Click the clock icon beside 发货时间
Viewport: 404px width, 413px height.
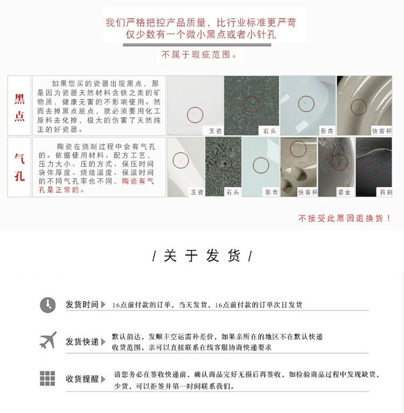pyautogui.click(x=47, y=305)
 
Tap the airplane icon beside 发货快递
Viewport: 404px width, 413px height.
pyautogui.click(x=48, y=341)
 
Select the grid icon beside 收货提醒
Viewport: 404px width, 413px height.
pyautogui.click(x=47, y=378)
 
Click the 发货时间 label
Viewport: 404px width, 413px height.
pyautogui.click(x=82, y=305)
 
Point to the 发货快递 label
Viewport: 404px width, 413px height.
pyautogui.click(x=82, y=342)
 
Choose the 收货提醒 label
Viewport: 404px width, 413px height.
pyautogui.click(x=82, y=379)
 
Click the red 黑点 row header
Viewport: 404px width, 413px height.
pyautogui.click(x=19, y=106)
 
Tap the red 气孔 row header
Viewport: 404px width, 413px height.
pyautogui.click(x=19, y=167)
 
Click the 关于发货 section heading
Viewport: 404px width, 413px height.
pyautogui.click(x=202, y=256)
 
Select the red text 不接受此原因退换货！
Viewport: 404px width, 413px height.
pyautogui.click(x=345, y=218)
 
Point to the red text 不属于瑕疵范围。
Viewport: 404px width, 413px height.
pyautogui.click(x=199, y=55)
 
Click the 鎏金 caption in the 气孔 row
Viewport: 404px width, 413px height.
pyautogui.click(x=344, y=192)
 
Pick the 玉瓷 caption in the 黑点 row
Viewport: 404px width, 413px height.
pyautogui.click(x=215, y=130)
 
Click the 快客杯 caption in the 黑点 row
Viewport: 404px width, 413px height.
pyautogui.click(x=381, y=130)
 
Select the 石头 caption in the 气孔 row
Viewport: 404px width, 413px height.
pyautogui.click(x=232, y=192)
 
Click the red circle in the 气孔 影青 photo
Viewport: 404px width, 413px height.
pyautogui.click(x=261, y=166)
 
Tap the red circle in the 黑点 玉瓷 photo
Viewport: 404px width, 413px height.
pyautogui.click(x=195, y=114)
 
